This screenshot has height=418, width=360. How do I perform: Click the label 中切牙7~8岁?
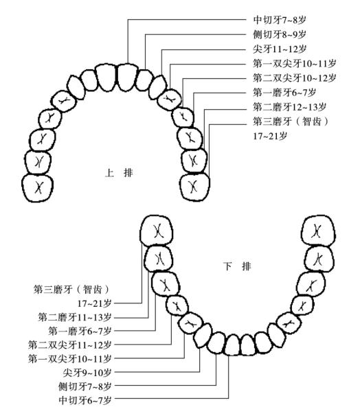click(280, 20)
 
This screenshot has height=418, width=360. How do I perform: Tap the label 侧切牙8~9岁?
click(280, 34)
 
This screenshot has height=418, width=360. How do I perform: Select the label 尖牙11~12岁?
click(280, 49)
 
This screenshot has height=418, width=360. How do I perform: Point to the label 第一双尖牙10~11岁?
click(294, 63)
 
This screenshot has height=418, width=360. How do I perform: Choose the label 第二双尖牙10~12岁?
click(294, 78)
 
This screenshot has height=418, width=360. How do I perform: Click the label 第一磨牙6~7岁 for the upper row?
click(284, 93)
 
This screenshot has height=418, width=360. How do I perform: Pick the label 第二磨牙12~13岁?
click(289, 107)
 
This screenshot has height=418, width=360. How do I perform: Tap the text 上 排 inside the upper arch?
click(119, 173)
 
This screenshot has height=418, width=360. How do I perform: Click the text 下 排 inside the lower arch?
click(237, 266)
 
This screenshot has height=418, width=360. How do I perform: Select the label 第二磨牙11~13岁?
click(75, 317)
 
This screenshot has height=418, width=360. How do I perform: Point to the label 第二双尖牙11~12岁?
click(70, 345)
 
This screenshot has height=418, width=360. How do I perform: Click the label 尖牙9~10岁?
click(87, 373)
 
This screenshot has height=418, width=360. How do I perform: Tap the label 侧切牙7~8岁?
click(85, 386)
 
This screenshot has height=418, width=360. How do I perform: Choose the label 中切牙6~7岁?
click(85, 400)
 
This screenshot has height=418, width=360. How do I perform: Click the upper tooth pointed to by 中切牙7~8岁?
click(128, 77)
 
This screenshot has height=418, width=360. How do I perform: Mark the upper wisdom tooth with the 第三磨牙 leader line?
click(194, 187)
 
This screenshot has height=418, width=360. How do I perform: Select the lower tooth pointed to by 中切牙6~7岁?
click(232, 345)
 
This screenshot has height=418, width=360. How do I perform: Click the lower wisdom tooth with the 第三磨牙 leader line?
click(157, 231)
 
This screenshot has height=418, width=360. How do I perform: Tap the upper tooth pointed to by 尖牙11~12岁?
click(158, 87)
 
